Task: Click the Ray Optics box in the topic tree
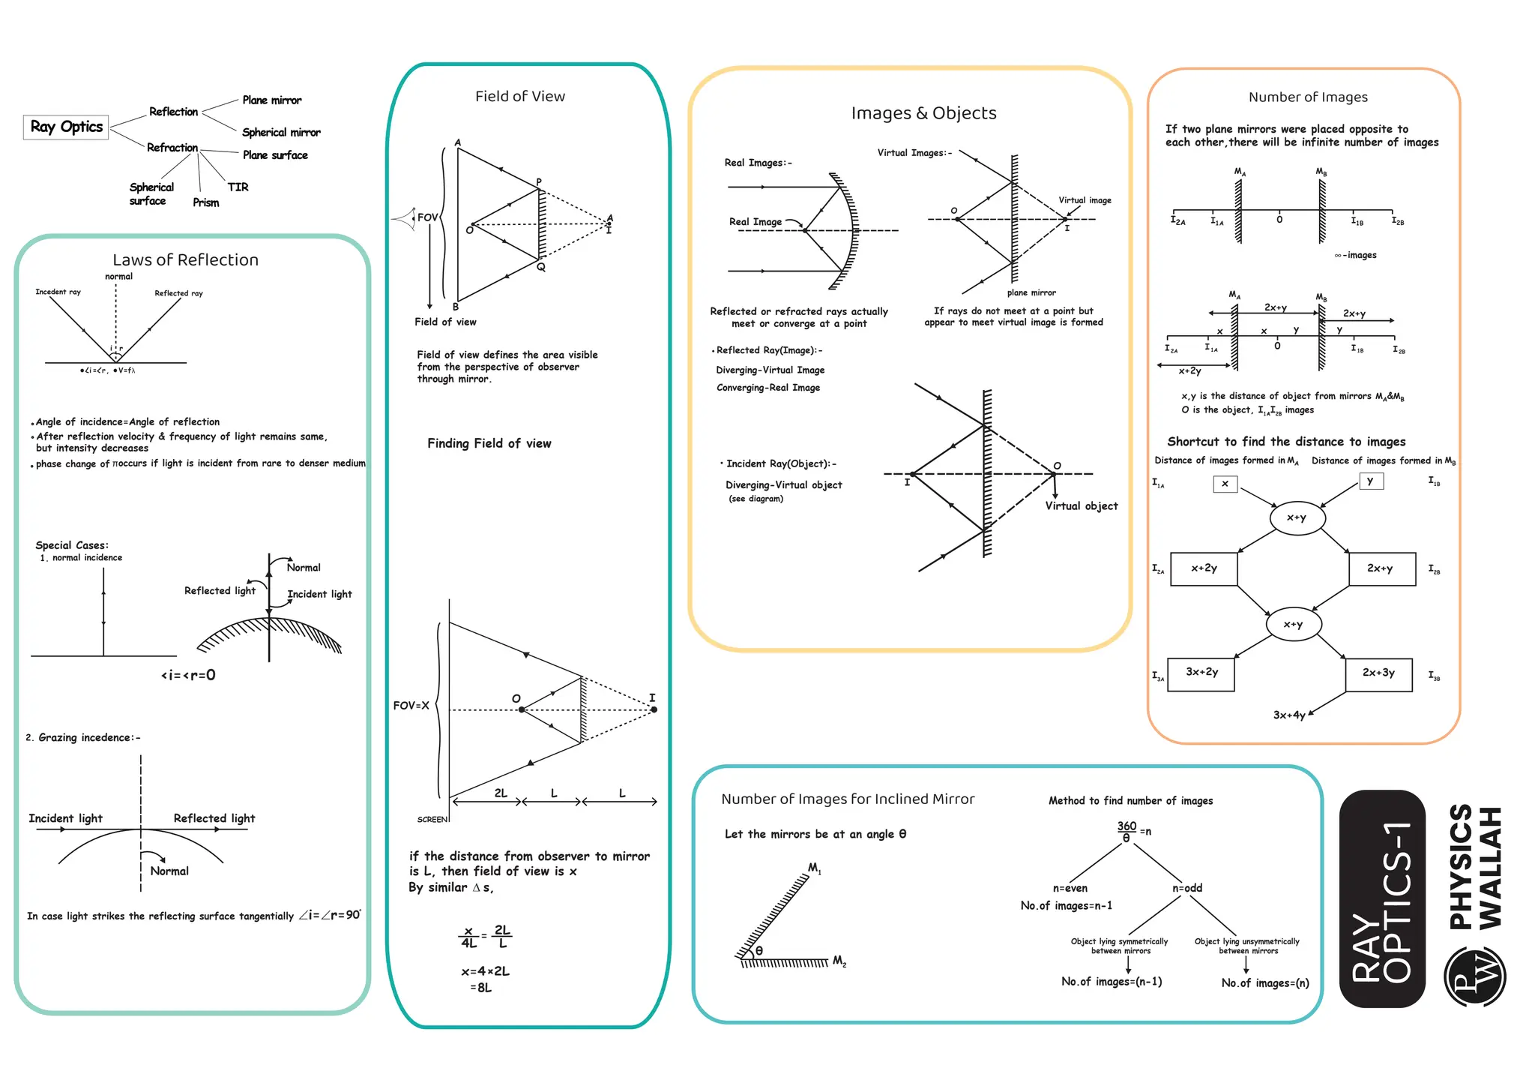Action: click(x=66, y=127)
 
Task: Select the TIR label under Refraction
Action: click(x=238, y=187)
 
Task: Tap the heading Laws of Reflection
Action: click(x=185, y=259)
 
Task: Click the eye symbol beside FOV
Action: click(x=405, y=218)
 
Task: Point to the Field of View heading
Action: click(x=519, y=96)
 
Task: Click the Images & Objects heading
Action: click(x=923, y=113)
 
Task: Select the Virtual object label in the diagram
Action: click(x=1081, y=506)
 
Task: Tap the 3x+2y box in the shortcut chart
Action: click(x=1201, y=673)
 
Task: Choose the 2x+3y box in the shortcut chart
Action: click(x=1378, y=673)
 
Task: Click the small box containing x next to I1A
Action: click(x=1225, y=484)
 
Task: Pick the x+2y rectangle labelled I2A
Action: click(x=1203, y=568)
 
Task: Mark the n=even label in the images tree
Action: click(x=1070, y=888)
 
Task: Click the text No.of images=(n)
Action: click(x=1264, y=983)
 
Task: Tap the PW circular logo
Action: click(x=1474, y=976)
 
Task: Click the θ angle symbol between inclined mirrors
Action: click(x=759, y=950)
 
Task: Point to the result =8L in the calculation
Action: click(x=480, y=988)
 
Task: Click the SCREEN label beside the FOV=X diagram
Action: click(x=432, y=820)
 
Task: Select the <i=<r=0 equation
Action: click(x=188, y=675)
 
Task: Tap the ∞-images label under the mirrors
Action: click(x=1355, y=255)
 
